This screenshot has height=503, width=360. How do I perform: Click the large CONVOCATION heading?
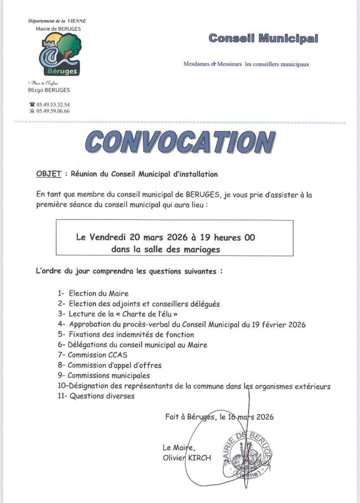point(180,142)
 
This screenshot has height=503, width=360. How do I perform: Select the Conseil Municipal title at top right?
point(263,38)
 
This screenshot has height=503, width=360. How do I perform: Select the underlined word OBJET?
point(48,174)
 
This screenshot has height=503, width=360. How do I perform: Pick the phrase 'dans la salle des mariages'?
point(166,249)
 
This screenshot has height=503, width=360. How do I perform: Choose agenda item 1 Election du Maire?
point(93,293)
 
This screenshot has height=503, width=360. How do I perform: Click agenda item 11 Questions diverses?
point(97,396)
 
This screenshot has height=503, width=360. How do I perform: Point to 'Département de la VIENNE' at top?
point(57,21)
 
